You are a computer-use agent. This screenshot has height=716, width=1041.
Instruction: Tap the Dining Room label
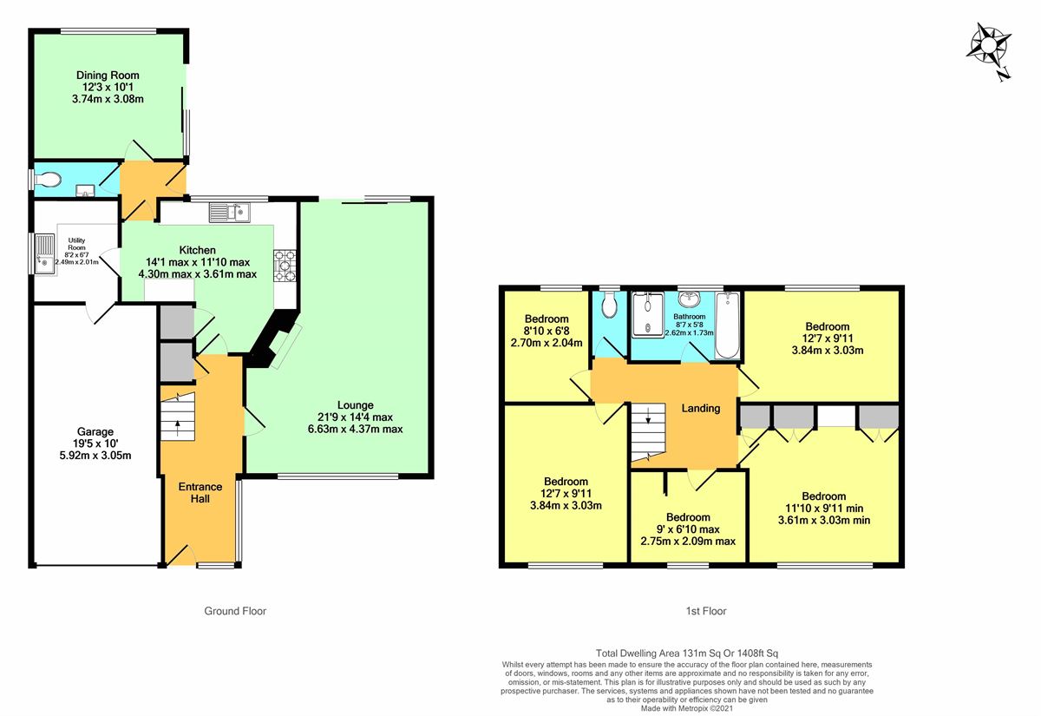(x=108, y=76)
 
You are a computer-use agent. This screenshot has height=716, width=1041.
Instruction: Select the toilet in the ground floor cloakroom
(x=48, y=180)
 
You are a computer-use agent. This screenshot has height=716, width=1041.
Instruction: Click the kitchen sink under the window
(x=230, y=213)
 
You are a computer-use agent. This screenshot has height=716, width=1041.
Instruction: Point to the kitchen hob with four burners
(x=285, y=266)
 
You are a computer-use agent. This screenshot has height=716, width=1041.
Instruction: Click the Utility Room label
(x=76, y=244)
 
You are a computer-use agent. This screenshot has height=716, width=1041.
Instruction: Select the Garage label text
(x=95, y=432)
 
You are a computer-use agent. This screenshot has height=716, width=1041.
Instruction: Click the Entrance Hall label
(x=200, y=493)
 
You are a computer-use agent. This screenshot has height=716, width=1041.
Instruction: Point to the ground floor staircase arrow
(x=177, y=428)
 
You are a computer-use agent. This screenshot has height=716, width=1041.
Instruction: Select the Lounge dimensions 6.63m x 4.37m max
(x=355, y=429)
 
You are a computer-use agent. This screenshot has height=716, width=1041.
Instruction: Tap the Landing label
(x=701, y=408)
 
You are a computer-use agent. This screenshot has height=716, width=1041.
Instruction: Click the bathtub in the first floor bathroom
(x=727, y=325)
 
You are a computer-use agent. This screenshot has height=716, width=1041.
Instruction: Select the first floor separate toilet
(x=609, y=305)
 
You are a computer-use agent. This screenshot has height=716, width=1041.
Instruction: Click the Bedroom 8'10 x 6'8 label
(x=547, y=331)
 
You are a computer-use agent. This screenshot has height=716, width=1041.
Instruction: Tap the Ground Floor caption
(x=235, y=611)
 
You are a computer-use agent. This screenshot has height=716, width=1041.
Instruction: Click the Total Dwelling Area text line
(x=687, y=654)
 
